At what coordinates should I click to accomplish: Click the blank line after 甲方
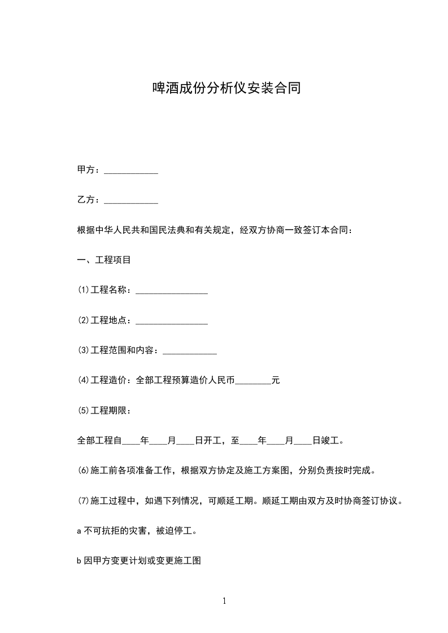tap(132, 171)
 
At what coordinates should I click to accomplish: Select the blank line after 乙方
tap(132, 201)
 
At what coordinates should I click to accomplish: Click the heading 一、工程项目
tap(104, 260)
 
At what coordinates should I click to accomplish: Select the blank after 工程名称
tap(172, 291)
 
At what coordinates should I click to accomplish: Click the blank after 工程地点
tap(172, 322)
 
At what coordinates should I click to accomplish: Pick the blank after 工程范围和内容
tap(190, 351)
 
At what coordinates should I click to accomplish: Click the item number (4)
tap(83, 381)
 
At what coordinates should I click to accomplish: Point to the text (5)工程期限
tap(105, 411)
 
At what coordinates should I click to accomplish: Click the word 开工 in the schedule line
tap(214, 441)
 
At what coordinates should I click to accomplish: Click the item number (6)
tap(83, 471)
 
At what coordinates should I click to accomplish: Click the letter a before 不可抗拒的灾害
tap(79, 531)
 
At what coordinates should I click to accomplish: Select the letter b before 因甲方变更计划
tap(79, 561)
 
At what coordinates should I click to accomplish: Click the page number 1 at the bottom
tap(224, 601)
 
